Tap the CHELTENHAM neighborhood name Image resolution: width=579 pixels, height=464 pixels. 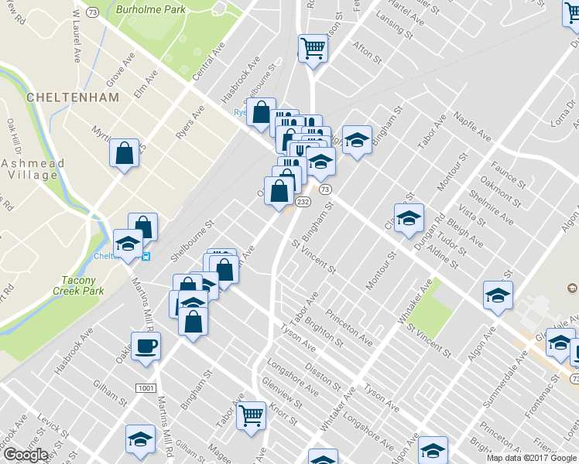click(x=72, y=97)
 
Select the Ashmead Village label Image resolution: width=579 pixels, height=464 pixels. click(x=29, y=169)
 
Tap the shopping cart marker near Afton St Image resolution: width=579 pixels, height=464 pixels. click(x=313, y=49)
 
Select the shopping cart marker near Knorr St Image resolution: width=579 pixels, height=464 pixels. click(x=251, y=415)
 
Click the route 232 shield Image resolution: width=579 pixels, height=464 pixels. click(x=303, y=201)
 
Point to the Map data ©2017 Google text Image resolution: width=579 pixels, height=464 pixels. click(x=531, y=458)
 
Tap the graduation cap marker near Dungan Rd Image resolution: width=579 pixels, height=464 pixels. click(x=408, y=219)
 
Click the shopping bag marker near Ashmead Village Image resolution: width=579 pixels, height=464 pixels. click(x=124, y=154)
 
